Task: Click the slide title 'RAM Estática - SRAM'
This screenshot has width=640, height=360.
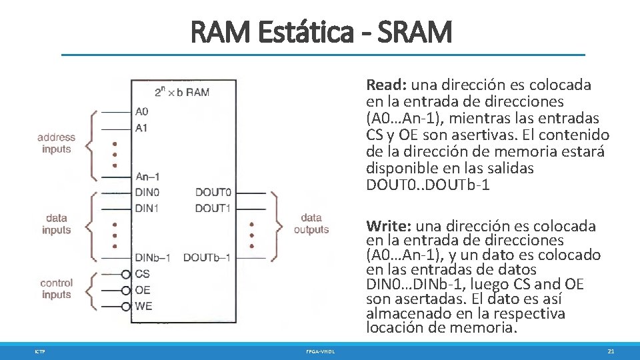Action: pos(321,31)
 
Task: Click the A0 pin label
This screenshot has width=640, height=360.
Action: pos(141,111)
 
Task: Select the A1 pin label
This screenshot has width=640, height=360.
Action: pos(141,127)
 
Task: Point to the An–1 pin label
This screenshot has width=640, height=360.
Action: pos(147,177)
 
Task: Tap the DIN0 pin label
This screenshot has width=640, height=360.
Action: pos(147,193)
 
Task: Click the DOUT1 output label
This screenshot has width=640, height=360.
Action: pos(213,209)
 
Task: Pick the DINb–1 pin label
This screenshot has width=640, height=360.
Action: pos(153,257)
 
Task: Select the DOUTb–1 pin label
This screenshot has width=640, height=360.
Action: pos(207,257)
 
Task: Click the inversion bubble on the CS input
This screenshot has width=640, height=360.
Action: pos(127,274)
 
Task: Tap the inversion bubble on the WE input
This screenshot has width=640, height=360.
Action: pos(127,307)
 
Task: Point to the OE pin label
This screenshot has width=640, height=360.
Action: pos(142,290)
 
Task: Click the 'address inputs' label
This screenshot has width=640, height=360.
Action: pos(57,143)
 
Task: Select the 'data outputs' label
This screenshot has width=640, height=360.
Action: pos(311,223)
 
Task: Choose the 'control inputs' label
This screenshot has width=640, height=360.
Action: pos(57,289)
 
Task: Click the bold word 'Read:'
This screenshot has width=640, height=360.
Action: pos(386,85)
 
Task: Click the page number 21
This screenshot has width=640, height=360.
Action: pos(611,351)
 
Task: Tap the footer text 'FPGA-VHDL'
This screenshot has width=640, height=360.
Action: pos(321,351)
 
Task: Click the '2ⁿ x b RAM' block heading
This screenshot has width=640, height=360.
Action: pos(181,92)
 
